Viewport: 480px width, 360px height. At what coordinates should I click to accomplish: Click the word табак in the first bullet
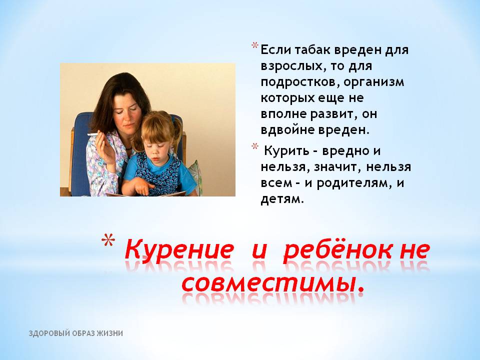click(x=312, y=50)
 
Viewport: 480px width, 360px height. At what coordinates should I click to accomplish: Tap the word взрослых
click(x=291, y=66)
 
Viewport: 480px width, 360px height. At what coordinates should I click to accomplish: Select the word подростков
click(x=300, y=82)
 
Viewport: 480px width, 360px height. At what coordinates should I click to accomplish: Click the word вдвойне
click(x=287, y=130)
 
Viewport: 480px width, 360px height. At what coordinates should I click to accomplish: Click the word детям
click(x=282, y=199)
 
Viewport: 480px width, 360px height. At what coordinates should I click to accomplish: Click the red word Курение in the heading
click(x=178, y=249)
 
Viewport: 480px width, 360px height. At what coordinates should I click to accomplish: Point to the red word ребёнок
click(x=337, y=249)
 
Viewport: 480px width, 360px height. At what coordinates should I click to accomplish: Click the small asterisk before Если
click(x=254, y=46)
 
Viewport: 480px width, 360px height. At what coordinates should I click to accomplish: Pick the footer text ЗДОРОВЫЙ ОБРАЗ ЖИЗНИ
click(x=76, y=333)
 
